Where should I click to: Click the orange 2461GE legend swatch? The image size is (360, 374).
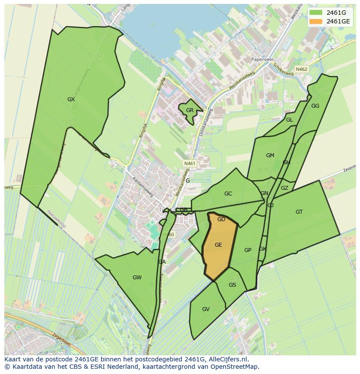tap(316, 21)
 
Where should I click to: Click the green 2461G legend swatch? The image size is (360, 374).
tap(316, 12)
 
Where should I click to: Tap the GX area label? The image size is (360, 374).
tap(71, 99)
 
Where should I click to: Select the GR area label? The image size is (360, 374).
tap(190, 110)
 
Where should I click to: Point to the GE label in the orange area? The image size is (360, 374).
tap(218, 245)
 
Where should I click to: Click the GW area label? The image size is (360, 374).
tap(137, 278)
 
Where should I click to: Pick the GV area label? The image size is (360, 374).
tap(206, 309)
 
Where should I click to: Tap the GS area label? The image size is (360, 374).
tap(232, 285)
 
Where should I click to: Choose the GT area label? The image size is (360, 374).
tap(299, 212)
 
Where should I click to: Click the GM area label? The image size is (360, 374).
tap(270, 156)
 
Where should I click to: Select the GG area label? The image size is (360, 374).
tap(315, 106)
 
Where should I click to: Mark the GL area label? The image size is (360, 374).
tap(289, 120)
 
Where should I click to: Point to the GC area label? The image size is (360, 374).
tap(228, 194)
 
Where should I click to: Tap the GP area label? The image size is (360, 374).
tap(248, 250)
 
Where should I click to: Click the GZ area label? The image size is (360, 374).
tap(284, 188)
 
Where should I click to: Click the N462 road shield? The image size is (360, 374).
tap(301, 69)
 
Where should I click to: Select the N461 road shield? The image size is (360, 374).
tap(190, 163)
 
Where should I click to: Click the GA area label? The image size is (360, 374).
tap(162, 262)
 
